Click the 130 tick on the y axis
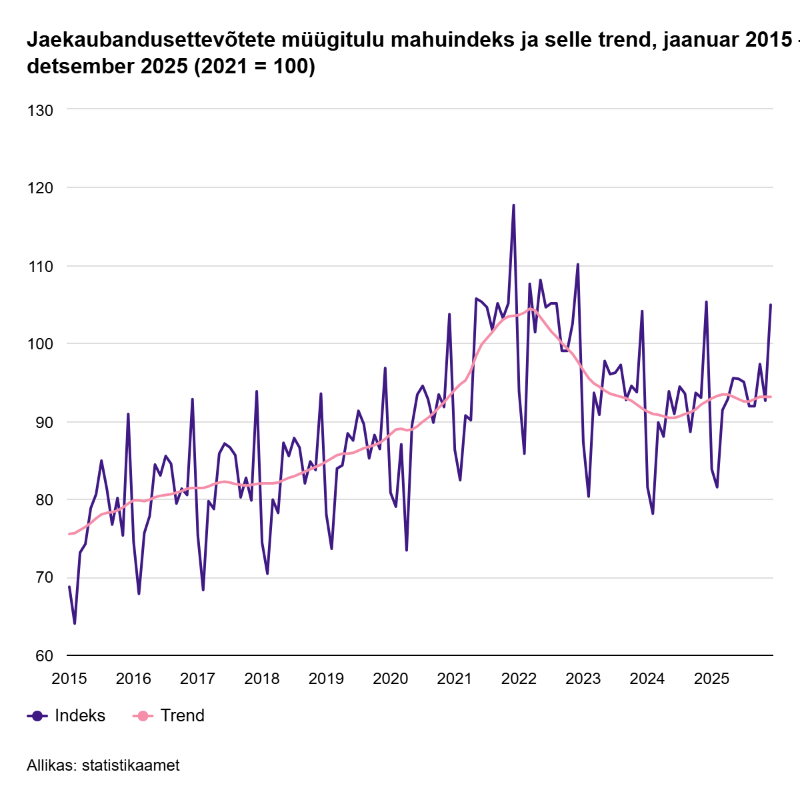tap(40, 110)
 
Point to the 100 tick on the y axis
tap(40, 344)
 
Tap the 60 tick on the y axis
tap(44, 656)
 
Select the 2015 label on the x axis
tap(69, 679)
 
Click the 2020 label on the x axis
tap(390, 679)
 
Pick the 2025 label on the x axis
tap(711, 679)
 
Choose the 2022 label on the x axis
tap(519, 679)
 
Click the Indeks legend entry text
tap(80, 715)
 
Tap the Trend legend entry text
tap(182, 715)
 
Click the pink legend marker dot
tap(143, 716)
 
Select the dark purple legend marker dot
tap(37, 716)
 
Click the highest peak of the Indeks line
tap(513, 205)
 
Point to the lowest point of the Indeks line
tap(75, 623)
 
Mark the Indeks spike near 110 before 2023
tap(578, 265)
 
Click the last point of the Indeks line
tap(771, 305)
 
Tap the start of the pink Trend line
tap(69, 533)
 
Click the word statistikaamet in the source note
tap(131, 765)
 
